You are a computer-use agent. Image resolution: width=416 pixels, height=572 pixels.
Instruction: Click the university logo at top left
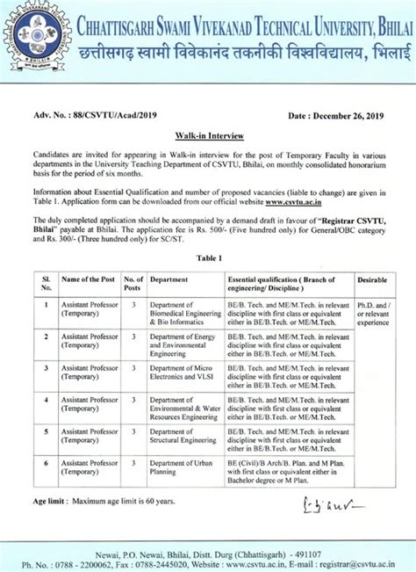[x=29, y=26]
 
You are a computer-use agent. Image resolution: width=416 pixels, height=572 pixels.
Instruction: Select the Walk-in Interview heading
[x=208, y=136]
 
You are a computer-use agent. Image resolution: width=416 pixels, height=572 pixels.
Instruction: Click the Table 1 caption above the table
[x=208, y=258]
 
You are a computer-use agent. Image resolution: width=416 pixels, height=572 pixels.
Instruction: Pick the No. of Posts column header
[x=133, y=283]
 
